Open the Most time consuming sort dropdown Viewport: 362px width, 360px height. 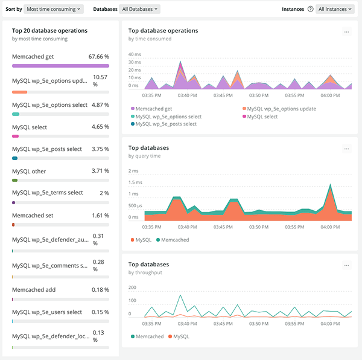(54, 9)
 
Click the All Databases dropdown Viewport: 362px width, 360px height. (140, 9)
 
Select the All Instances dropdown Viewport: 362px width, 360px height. (335, 9)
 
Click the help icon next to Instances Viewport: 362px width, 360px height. (310, 9)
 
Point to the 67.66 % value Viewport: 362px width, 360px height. (98, 56)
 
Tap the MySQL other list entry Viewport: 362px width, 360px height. (29, 172)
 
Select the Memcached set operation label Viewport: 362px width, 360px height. (33, 215)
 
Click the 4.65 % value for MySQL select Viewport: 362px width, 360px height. (99, 127)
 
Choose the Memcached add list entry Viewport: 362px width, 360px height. (34, 289)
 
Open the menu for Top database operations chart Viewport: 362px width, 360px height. (346, 32)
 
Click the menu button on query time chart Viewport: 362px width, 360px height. (346, 149)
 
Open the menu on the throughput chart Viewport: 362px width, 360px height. (346, 265)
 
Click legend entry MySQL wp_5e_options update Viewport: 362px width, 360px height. (281, 109)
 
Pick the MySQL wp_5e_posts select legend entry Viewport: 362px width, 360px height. (166, 124)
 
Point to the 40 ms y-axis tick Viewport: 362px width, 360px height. (135, 54)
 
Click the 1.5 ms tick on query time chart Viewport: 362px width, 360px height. (135, 182)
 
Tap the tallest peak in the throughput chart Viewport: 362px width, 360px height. (180, 295)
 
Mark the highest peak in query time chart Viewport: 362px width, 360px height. (330, 184)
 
